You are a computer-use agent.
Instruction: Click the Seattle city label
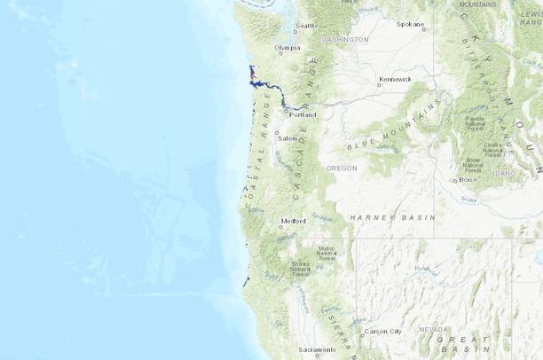click(x=306, y=26)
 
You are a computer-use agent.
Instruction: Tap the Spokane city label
click(x=410, y=24)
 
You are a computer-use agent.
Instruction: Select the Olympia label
click(x=287, y=48)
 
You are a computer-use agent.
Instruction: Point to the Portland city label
click(x=303, y=115)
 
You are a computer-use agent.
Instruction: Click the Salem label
click(x=287, y=138)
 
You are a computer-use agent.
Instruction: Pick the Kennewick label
click(x=396, y=79)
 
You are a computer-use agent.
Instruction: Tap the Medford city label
click(x=293, y=221)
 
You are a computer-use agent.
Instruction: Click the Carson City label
click(x=383, y=332)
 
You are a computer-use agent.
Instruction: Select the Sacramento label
click(x=318, y=350)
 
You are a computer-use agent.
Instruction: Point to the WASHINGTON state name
click(x=345, y=40)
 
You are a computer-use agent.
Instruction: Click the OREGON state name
click(x=342, y=168)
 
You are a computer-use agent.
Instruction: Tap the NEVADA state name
click(x=433, y=329)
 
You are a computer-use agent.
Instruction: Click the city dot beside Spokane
click(x=424, y=29)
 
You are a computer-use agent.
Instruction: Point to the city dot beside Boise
click(x=455, y=181)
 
